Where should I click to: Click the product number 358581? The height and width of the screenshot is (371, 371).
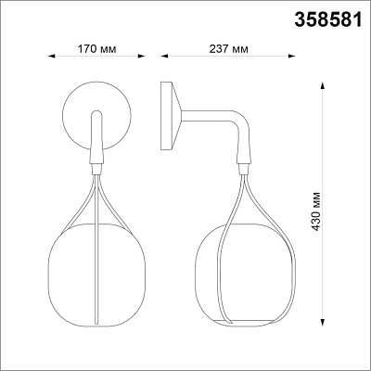pos(327,20)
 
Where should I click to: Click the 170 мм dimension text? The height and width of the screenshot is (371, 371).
pos(96,49)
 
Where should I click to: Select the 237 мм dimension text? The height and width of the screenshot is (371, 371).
pos(228,49)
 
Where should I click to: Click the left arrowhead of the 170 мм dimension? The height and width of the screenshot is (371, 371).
pos(52,57)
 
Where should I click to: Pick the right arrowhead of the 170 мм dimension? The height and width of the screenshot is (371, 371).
pos(141,57)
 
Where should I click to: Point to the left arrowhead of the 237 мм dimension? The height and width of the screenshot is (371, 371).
pos(164,57)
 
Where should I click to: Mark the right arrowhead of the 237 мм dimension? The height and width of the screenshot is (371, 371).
pos(292,57)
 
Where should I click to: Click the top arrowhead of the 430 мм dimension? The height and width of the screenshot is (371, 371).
pos(322,85)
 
